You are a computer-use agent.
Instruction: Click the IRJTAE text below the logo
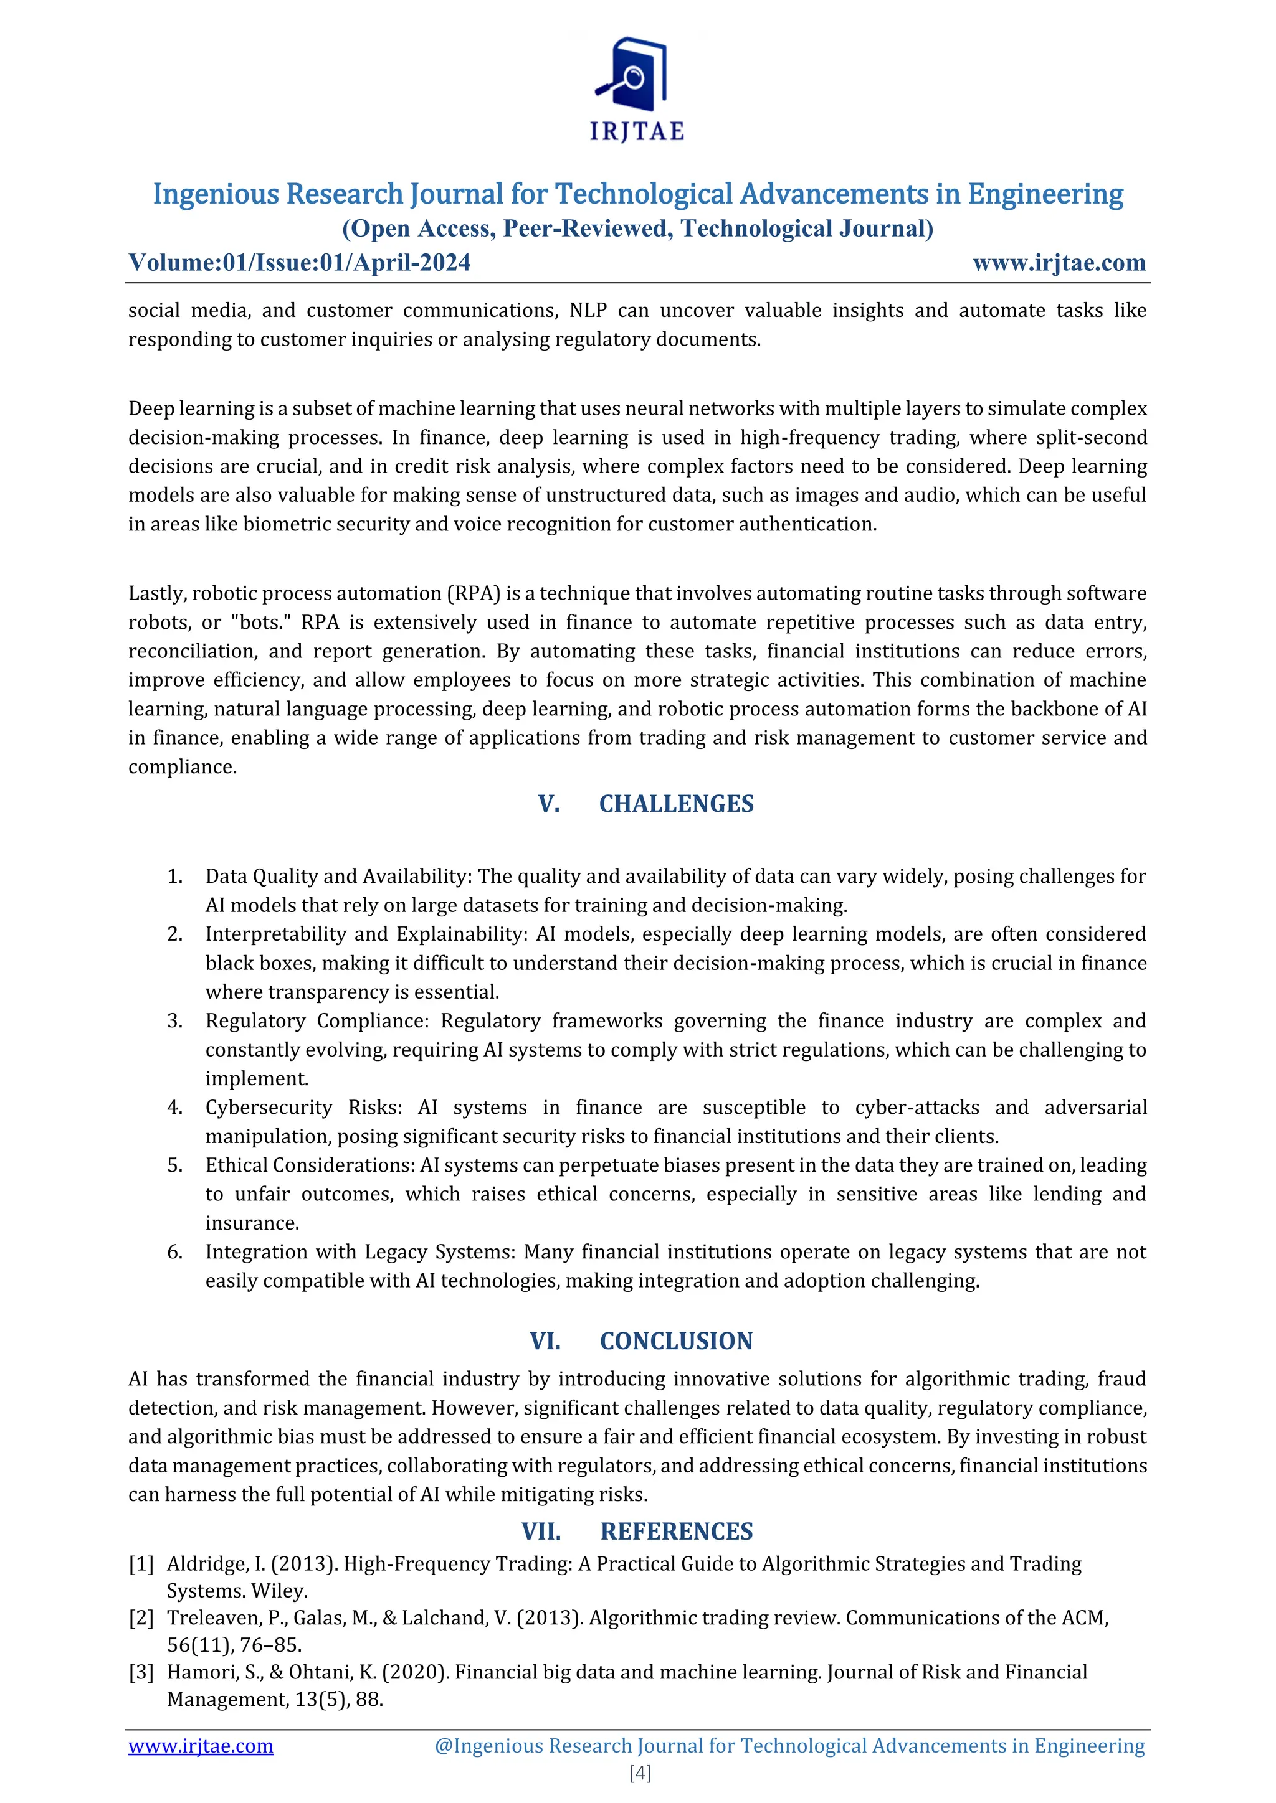pyautogui.click(x=637, y=132)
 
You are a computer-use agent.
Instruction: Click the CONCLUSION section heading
pyautogui.click(x=676, y=1340)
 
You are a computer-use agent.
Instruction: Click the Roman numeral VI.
pyautogui.click(x=545, y=1340)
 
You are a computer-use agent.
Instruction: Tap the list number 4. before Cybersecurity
pyautogui.click(x=174, y=1107)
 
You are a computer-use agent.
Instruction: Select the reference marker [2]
pyautogui.click(x=141, y=1617)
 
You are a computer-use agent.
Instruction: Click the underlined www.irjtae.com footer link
pyautogui.click(x=201, y=1746)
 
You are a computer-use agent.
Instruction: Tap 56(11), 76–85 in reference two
pyautogui.click(x=234, y=1644)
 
